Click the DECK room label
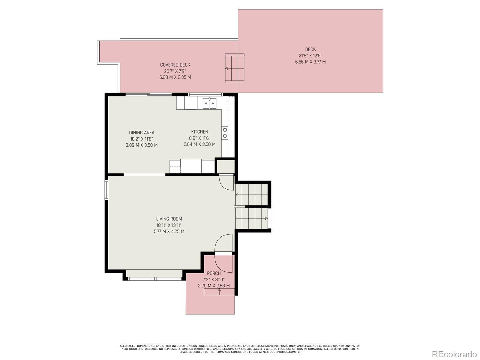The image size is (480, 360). coord(310,49)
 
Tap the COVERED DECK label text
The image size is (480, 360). coord(175,65)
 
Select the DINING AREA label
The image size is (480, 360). coord(142,133)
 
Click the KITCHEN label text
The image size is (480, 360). coord(200,132)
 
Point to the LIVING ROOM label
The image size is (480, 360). coord(169,219)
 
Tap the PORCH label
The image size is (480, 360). coord(214,273)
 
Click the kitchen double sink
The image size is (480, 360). coord(209,103)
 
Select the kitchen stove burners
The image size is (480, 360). coord(225,133)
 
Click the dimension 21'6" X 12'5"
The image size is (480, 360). coord(310,56)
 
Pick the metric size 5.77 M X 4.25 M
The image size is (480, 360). coord(169,232)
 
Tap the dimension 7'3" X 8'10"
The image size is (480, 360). coord(214,280)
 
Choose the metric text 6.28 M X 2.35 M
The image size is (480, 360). coord(175,77)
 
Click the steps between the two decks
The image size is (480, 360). coord(235,68)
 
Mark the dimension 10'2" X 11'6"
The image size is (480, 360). coord(142,139)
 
